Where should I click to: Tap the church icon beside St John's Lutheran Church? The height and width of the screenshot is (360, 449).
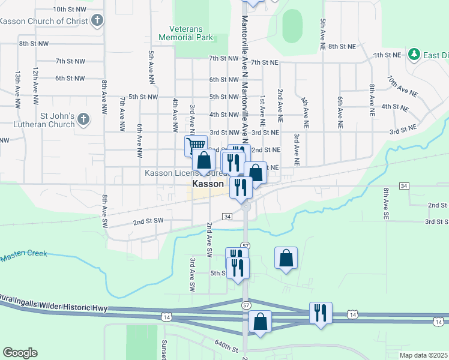tap(83, 120)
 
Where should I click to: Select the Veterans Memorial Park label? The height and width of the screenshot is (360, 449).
tap(185, 33)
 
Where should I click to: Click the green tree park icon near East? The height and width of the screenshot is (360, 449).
tap(414, 55)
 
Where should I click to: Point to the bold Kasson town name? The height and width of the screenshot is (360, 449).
tap(208, 184)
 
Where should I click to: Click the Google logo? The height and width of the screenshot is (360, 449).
tap(20, 353)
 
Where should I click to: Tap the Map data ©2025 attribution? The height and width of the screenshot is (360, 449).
tap(423, 355)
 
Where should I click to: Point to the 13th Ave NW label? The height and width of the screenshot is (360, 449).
tap(18, 85)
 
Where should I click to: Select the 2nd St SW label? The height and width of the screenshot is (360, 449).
tap(148, 221)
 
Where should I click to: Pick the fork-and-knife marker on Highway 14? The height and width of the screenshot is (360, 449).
tap(320, 313)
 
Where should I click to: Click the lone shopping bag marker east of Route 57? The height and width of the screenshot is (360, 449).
tap(286, 258)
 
